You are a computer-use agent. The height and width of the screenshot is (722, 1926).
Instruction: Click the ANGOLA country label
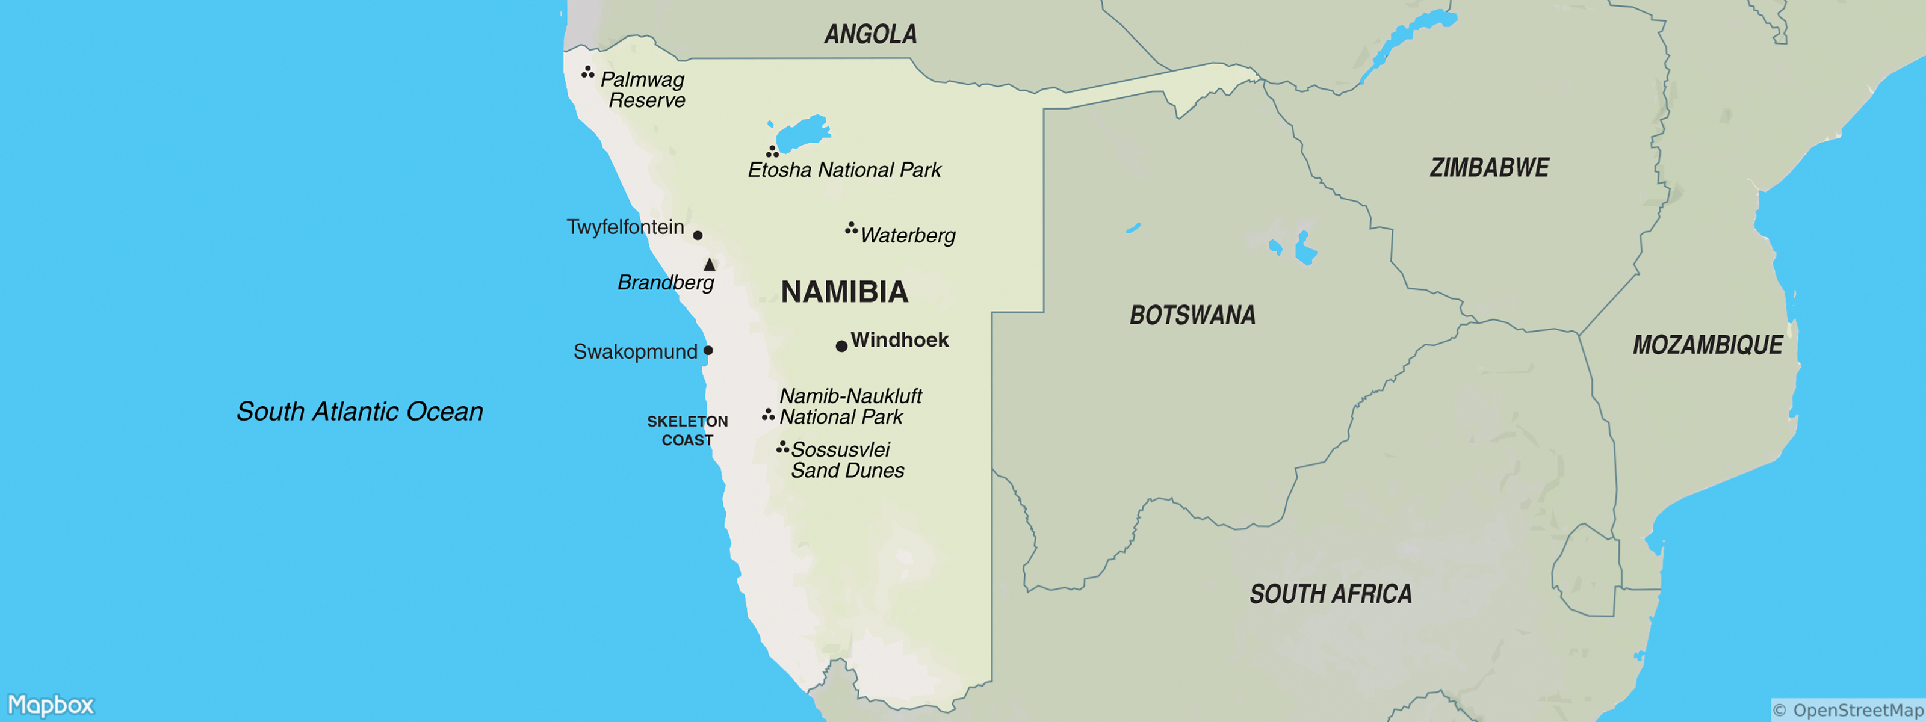tap(870, 34)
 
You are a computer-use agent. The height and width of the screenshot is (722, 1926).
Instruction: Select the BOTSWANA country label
tap(1192, 315)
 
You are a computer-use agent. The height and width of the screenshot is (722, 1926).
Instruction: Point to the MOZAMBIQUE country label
tap(1707, 345)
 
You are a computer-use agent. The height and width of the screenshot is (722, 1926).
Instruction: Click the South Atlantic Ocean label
tap(360, 412)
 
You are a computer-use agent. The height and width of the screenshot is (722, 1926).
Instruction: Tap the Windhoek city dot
tap(841, 346)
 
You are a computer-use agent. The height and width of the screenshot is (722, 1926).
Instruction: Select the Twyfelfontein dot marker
tap(698, 235)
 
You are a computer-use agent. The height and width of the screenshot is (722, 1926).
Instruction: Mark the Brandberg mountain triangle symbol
tap(710, 265)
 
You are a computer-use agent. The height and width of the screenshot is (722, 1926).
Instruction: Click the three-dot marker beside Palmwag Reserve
tap(587, 72)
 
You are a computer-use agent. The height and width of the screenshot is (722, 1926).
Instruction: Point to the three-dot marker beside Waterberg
tap(851, 228)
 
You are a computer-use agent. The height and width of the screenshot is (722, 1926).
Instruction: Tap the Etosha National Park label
tap(844, 170)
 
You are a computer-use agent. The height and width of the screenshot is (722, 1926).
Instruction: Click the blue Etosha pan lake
tap(802, 134)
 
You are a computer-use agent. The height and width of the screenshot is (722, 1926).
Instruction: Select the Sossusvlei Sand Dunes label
tap(847, 460)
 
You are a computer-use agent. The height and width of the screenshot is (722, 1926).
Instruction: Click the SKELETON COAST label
tap(687, 431)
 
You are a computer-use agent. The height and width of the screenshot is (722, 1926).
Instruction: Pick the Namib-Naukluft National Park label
tap(850, 407)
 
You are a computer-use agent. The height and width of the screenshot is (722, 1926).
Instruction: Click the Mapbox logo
tap(51, 705)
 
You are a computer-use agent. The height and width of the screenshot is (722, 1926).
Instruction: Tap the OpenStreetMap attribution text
tap(1848, 710)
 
